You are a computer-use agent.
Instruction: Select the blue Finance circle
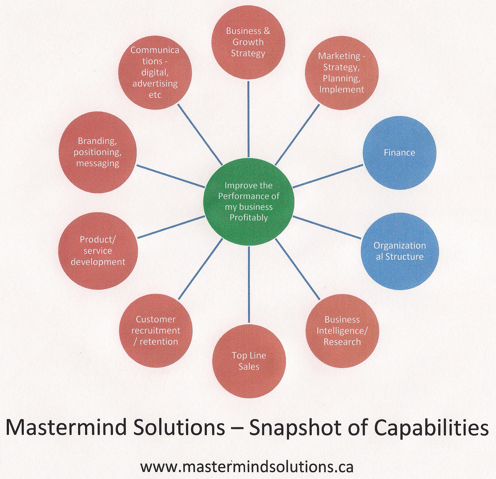(399, 153)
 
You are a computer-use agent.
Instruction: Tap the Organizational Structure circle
(399, 251)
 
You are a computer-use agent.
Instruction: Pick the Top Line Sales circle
(249, 361)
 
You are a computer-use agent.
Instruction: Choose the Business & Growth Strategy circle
(248, 42)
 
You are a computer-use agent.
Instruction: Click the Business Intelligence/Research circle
(342, 331)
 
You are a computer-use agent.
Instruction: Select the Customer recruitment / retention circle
(156, 330)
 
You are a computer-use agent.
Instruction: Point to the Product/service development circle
(98, 251)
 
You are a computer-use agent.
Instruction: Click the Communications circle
(155, 73)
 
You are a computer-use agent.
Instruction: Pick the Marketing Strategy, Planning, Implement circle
(342, 73)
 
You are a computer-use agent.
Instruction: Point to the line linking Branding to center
(171, 177)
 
